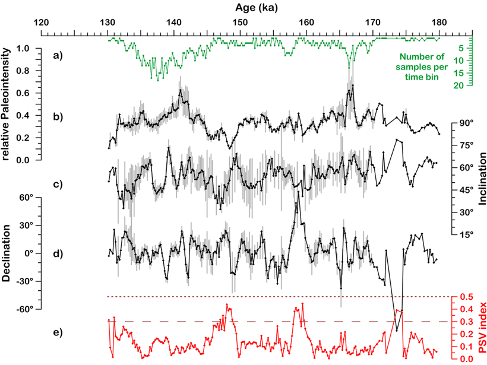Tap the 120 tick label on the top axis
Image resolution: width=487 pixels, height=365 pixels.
click(x=40, y=22)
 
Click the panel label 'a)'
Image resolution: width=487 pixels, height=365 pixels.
click(x=58, y=57)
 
